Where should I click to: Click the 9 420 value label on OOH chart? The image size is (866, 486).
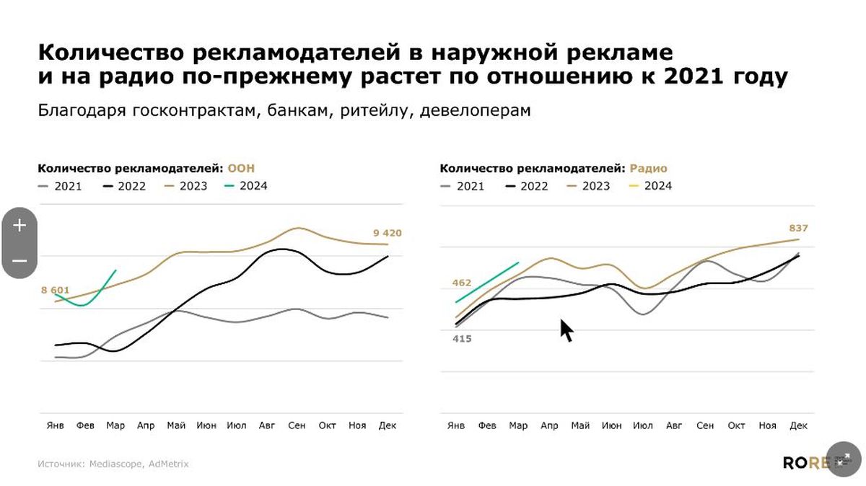387,233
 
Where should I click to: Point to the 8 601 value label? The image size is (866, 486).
55,291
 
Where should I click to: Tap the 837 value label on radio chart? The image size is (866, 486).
798,229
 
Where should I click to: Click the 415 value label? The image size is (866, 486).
462,338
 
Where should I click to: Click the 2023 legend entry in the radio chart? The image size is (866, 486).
589,186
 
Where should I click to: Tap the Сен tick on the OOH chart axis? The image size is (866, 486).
297,425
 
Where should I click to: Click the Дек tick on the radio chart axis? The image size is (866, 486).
798,425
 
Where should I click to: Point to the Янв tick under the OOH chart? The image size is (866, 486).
55,425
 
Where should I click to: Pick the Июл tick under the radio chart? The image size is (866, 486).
643,425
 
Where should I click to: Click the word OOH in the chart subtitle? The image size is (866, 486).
241,169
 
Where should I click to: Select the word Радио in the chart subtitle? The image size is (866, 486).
648,169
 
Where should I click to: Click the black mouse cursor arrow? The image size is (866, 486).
567,330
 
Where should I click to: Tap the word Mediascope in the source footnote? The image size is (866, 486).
115,464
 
